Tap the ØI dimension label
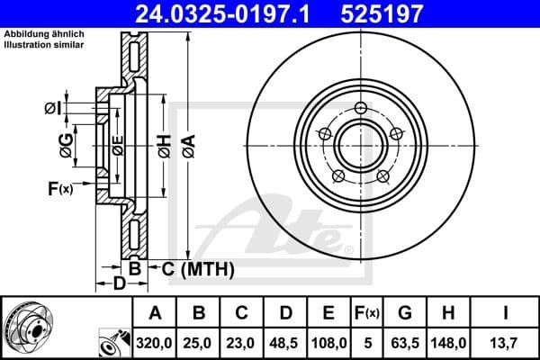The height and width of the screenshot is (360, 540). (x=53, y=109)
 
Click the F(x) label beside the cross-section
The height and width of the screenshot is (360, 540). (x=61, y=188)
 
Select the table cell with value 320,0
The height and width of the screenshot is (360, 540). (x=155, y=342)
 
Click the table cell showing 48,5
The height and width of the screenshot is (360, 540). (x=284, y=342)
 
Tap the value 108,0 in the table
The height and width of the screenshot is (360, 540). (x=328, y=342)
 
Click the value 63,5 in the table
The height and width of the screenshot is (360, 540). (x=406, y=342)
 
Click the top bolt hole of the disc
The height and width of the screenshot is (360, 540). (x=361, y=109)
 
